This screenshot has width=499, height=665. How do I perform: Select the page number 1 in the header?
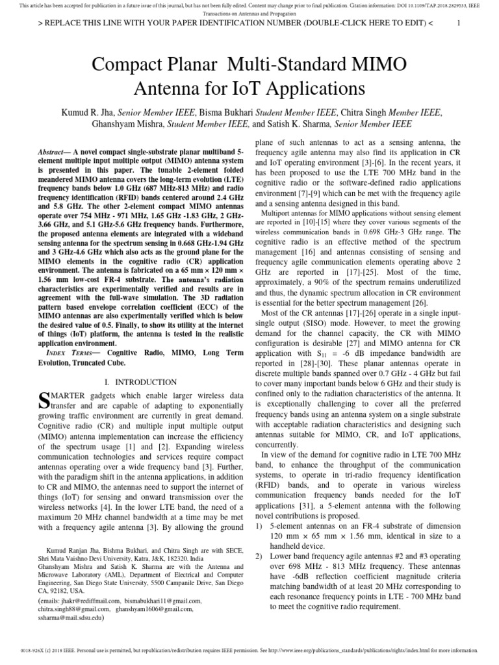459,23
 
